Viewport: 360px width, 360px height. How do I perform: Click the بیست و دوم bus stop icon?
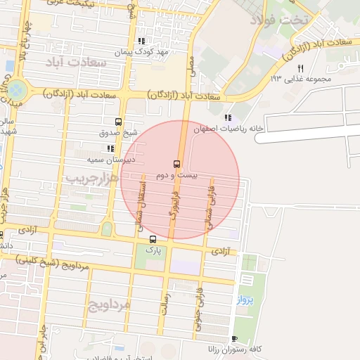(176, 162)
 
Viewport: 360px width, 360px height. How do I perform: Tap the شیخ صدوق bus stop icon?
(117, 121)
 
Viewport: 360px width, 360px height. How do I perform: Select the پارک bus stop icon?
(153, 239)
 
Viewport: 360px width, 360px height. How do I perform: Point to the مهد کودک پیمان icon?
(141, 41)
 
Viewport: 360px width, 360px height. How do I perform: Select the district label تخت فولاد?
(304, 19)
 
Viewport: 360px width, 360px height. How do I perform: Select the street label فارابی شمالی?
(210, 198)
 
